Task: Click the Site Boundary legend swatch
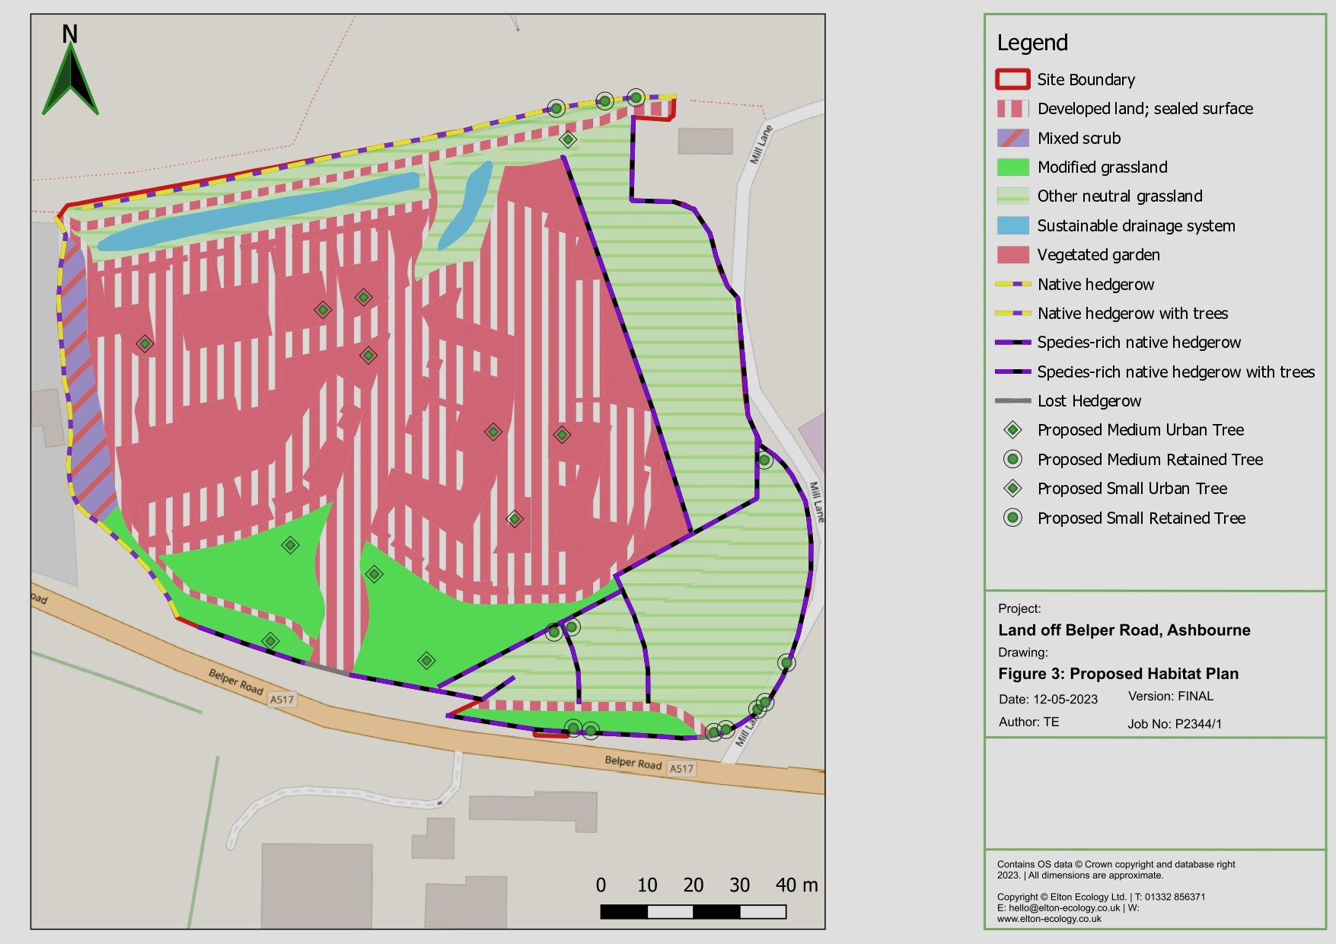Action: (x=1012, y=79)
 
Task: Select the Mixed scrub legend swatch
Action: (x=1012, y=138)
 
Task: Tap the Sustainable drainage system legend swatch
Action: (x=1012, y=225)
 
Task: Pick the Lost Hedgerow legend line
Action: (x=1012, y=400)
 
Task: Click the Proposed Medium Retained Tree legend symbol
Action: (x=1012, y=459)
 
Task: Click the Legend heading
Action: (x=1032, y=43)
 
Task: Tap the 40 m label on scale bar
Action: (x=796, y=885)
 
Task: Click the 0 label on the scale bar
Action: (x=601, y=885)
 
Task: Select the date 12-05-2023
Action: (x=1065, y=700)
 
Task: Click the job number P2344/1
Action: (x=1198, y=724)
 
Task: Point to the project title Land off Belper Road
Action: (x=1124, y=630)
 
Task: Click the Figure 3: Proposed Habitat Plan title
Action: (x=1118, y=674)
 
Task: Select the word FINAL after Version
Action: (x=1195, y=696)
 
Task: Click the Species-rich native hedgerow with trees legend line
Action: (x=1012, y=372)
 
